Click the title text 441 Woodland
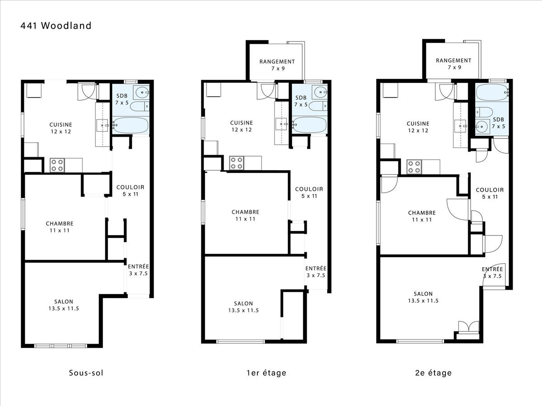(56, 26)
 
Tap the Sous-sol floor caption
(86, 373)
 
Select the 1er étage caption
(266, 373)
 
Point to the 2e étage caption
(433, 373)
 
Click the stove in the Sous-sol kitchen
(57, 165)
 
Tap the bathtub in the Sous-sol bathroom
(131, 125)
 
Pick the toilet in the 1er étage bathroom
(318, 106)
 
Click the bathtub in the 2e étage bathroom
(492, 92)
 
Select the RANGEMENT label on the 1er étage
(277, 62)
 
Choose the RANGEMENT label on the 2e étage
(453, 60)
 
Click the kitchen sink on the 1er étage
(281, 124)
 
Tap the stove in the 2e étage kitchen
(414, 167)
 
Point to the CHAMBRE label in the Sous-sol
(60, 224)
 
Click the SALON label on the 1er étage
(243, 304)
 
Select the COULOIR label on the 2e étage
(490, 190)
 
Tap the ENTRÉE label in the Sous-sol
(138, 267)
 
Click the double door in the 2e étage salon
(469, 327)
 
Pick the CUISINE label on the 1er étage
(242, 123)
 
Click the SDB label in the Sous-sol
(122, 96)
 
